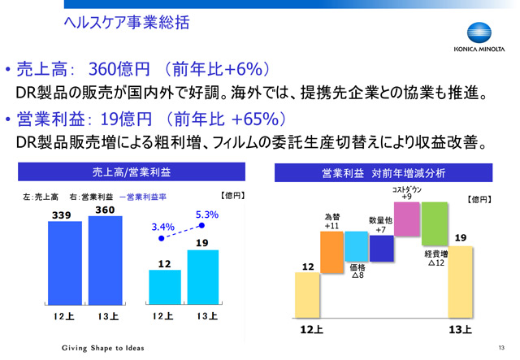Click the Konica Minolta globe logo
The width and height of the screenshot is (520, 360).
click(x=479, y=33)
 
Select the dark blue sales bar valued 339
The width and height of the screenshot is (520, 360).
click(x=65, y=262)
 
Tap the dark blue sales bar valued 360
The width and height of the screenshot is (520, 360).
click(x=105, y=261)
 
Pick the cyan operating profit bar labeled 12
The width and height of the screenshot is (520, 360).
click(x=165, y=287)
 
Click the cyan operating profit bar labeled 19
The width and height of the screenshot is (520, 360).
click(x=203, y=277)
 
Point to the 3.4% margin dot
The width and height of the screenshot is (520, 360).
click(x=162, y=238)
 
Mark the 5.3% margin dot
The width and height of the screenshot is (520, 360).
click(x=201, y=226)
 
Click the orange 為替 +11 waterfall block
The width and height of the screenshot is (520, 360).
click(x=331, y=252)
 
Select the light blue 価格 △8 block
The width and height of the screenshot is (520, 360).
click(x=357, y=246)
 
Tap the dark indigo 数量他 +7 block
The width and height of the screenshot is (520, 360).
click(x=381, y=249)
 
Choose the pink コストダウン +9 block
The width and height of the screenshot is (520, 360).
click(x=407, y=219)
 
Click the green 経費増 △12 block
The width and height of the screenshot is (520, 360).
click(x=435, y=224)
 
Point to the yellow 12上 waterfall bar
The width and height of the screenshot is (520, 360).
click(x=307, y=295)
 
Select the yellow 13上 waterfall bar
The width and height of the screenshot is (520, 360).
click(x=461, y=282)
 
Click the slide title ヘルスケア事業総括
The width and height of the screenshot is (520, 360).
click(x=127, y=23)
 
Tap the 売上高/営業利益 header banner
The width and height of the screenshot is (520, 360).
click(x=132, y=171)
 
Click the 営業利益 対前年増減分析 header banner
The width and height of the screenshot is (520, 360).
click(x=383, y=172)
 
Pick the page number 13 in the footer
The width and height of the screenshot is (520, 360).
click(x=501, y=347)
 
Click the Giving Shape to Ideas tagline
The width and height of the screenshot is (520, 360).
click(x=103, y=348)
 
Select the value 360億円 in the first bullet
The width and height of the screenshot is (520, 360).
click(x=119, y=69)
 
